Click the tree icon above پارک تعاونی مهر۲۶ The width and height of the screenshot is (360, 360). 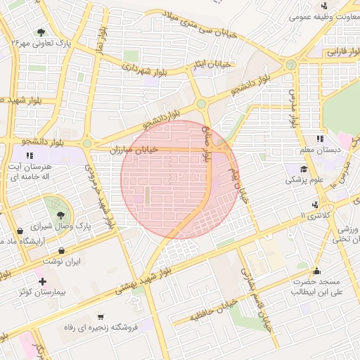click(x=41, y=32)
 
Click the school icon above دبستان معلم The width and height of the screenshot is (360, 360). click(x=320, y=139)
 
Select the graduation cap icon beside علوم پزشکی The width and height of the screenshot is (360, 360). click(x=304, y=169)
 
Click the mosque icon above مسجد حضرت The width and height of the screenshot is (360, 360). click(x=316, y=271)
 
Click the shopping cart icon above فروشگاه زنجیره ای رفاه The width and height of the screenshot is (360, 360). click(x=102, y=316)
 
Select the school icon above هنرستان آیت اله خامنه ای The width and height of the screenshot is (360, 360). click(x=29, y=155)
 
